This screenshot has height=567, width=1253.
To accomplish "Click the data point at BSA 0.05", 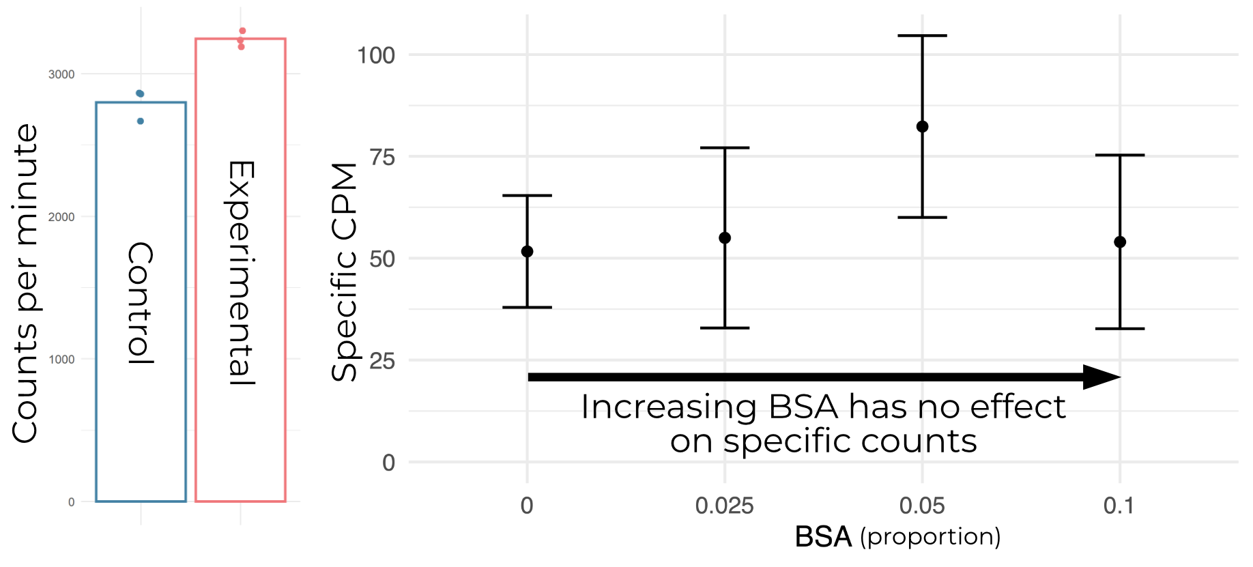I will pyautogui.click(x=922, y=127).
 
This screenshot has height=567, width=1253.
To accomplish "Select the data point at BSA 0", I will pyautogui.click(x=527, y=252).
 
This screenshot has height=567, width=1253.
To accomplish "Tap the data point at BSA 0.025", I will pyautogui.click(x=725, y=238).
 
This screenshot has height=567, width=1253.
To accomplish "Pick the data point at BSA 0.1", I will pyautogui.click(x=1120, y=242).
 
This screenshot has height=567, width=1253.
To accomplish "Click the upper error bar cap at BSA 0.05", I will pyautogui.click(x=922, y=35).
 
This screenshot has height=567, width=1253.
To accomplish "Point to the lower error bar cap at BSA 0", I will pyautogui.click(x=527, y=308).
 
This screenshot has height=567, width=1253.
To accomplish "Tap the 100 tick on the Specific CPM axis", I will pyautogui.click(x=376, y=55).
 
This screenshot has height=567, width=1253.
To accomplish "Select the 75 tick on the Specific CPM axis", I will pyautogui.click(x=382, y=157).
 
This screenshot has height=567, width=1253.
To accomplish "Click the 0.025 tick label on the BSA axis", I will pyautogui.click(x=724, y=506).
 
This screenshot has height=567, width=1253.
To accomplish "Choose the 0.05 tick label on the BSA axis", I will pyautogui.click(x=922, y=506).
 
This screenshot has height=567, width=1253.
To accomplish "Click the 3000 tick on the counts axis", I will pyautogui.click(x=61, y=74).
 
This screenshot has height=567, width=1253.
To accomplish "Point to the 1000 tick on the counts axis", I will pyautogui.click(x=61, y=360).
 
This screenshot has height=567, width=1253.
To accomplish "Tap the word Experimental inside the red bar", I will pyautogui.click(x=241, y=273).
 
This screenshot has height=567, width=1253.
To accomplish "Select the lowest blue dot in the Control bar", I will pyautogui.click(x=141, y=121).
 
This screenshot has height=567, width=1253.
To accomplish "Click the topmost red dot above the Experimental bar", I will pyautogui.click(x=242, y=31).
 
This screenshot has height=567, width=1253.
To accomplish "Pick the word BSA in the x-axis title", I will pyautogui.click(x=823, y=537).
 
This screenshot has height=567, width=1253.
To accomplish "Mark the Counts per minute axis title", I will pyautogui.click(x=25, y=283).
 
